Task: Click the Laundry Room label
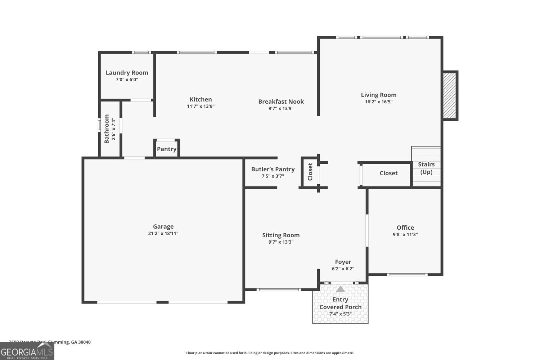click(127, 73)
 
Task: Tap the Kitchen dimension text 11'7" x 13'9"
click(201, 106)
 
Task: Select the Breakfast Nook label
click(281, 102)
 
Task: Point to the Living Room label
click(379, 95)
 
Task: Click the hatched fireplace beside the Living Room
click(449, 96)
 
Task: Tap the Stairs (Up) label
click(426, 168)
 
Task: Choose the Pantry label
click(167, 149)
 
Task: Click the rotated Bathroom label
click(107, 129)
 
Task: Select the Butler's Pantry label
click(273, 169)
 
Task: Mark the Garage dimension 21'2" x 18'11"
click(163, 233)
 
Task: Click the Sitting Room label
click(281, 235)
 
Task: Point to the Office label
click(405, 228)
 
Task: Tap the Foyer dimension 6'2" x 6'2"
click(343, 269)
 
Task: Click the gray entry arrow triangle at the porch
click(340, 289)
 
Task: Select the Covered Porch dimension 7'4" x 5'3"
click(340, 314)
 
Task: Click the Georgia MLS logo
click(27, 351)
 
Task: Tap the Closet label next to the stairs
click(388, 173)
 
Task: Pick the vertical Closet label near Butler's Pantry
click(310, 172)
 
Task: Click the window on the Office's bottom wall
click(407, 275)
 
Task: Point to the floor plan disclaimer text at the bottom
click(270, 353)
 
